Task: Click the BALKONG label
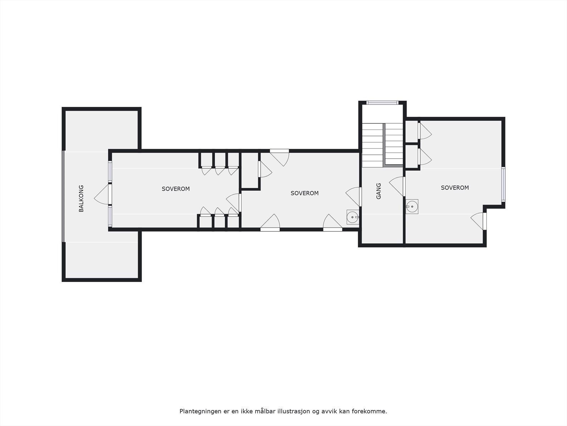81,198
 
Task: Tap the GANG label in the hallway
378,191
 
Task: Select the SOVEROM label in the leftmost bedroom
176,189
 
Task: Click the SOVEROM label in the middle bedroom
304,193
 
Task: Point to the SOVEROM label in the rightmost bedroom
455,188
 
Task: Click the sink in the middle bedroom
353,217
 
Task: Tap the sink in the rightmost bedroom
412,206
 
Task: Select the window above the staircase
382,103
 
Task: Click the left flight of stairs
372,145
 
